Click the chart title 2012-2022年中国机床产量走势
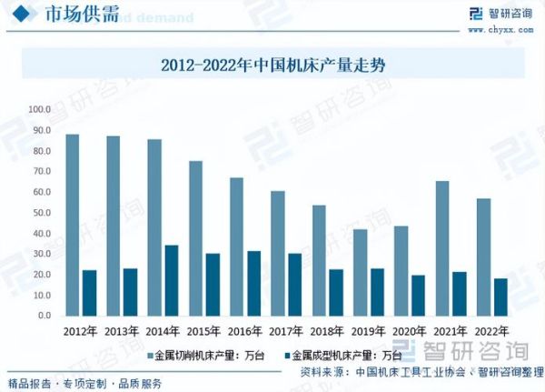click(x=273, y=65)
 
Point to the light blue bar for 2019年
click(x=360, y=272)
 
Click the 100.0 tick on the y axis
click(x=40, y=109)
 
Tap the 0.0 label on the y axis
click(x=45, y=316)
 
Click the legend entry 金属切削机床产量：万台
click(x=205, y=355)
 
